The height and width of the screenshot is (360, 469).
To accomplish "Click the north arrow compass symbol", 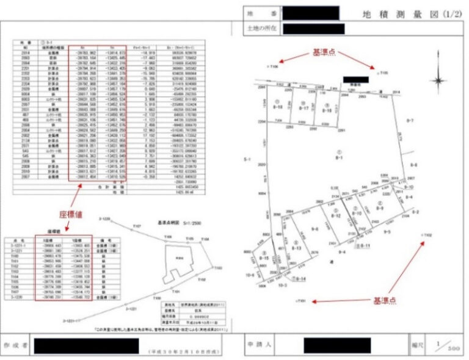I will point(438,81).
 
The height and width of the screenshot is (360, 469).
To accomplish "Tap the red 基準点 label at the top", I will point(323,53).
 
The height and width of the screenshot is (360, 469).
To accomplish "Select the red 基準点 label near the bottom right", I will point(385,300).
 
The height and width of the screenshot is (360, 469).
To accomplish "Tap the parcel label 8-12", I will point(335,216).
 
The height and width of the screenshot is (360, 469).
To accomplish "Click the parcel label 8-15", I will point(264,259).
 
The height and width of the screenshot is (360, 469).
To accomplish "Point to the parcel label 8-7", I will point(410,121).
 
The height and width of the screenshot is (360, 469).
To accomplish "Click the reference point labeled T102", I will point(426,234).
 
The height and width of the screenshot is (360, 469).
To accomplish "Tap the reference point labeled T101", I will point(300,301).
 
